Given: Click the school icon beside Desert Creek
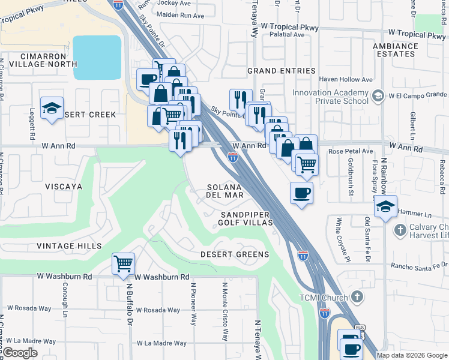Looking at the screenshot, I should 52,109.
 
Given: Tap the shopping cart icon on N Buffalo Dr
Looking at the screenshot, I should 123,263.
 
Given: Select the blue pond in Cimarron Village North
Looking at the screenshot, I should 97,58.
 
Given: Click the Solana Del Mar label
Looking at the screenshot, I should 225,191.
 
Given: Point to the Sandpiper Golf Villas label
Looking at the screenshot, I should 246,218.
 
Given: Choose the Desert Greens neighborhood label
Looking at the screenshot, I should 235,254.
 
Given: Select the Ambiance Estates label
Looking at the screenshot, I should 394,50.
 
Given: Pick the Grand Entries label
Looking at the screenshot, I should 282,71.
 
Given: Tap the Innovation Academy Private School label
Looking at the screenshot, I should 330,97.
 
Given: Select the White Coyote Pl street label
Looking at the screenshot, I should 339,238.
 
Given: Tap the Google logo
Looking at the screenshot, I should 20,353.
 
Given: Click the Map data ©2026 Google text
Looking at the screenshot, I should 411,355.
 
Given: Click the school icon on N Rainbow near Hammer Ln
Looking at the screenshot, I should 385,207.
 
